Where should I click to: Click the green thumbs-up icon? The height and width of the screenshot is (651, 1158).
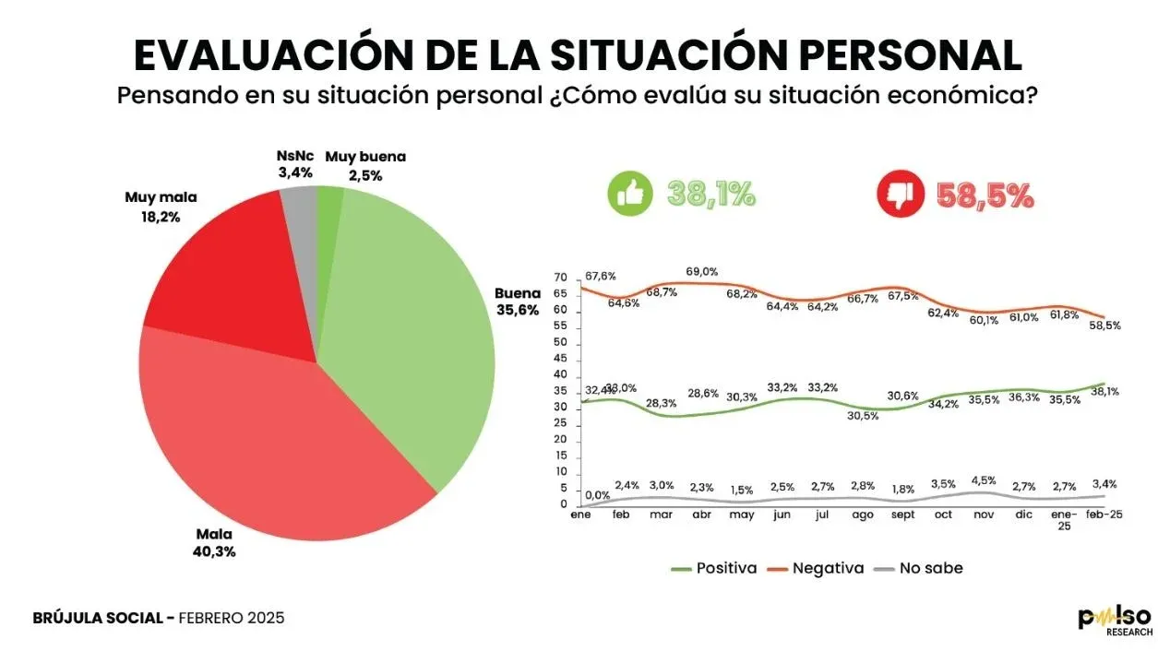tap(628, 195)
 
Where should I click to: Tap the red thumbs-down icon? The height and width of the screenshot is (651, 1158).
tap(898, 195)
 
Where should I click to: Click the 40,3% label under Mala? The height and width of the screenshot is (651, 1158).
tap(214, 551)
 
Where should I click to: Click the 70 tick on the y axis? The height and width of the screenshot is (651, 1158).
tap(560, 278)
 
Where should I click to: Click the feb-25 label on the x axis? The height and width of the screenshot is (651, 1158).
tap(1103, 515)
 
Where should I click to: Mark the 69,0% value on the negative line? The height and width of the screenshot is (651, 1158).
tap(702, 272)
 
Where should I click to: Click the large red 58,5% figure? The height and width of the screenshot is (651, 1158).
tap(985, 195)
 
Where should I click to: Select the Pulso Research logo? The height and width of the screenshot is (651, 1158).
tap(1115, 619)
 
